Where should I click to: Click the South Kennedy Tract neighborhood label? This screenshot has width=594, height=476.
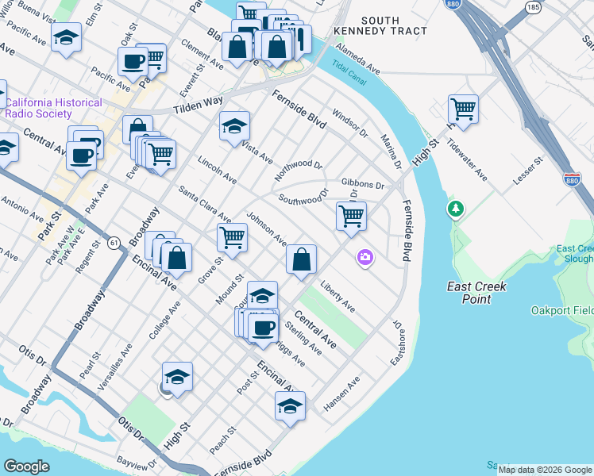(393, 25)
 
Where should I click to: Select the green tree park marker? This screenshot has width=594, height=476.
(455, 209)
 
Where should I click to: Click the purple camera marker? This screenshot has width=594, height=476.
(364, 256)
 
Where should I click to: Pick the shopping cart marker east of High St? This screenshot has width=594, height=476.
(463, 108)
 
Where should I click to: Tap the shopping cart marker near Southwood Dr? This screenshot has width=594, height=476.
(350, 215)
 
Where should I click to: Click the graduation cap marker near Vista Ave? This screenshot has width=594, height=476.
(234, 125)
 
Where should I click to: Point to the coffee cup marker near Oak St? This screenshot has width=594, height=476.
(133, 60)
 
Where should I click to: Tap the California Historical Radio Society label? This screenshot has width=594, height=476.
(54, 108)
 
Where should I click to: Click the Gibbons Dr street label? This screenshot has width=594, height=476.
(363, 184)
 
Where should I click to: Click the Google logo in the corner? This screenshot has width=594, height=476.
(26, 466)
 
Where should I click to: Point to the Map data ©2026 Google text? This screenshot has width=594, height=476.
(544, 470)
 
